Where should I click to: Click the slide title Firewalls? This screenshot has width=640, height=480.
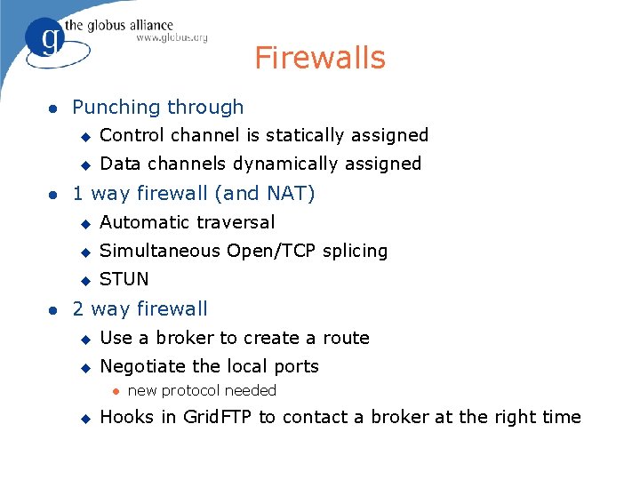coord(320,58)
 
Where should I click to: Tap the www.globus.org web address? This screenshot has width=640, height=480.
coord(172,37)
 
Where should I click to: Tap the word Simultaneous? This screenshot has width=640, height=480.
coord(161,251)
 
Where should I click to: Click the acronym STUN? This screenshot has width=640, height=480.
coord(124,279)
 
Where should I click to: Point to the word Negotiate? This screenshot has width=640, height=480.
coord(143,366)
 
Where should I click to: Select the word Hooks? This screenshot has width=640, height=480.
coord(126,417)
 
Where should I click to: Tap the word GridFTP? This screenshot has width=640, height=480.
coord(219,417)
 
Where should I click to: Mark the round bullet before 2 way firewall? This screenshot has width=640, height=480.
coord(53,309)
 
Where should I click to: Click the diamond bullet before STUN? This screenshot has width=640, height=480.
coord(85,280)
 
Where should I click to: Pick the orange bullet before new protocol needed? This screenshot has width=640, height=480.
coord(115,391)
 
